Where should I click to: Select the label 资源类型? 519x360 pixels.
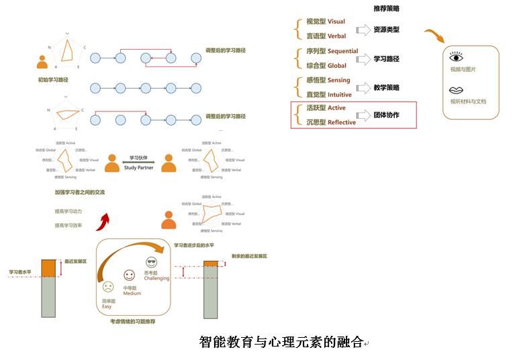(386, 30)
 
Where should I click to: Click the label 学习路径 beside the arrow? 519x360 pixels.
(386, 59)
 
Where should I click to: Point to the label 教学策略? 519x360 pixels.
(386, 87)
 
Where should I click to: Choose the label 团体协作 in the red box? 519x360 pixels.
(386, 115)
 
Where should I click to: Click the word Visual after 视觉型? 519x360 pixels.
(336, 22)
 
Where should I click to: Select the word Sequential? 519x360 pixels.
(342, 51)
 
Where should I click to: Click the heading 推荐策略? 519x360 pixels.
(387, 9)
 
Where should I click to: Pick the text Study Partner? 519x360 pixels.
(139, 168)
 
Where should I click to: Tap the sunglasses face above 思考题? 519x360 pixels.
(150, 262)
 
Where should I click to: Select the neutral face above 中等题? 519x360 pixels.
(129, 275)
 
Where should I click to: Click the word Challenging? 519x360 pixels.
(156, 278)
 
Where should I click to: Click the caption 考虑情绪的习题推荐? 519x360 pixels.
(132, 322)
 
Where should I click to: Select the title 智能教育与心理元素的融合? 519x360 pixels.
(281, 342)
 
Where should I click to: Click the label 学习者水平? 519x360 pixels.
(20, 272)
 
